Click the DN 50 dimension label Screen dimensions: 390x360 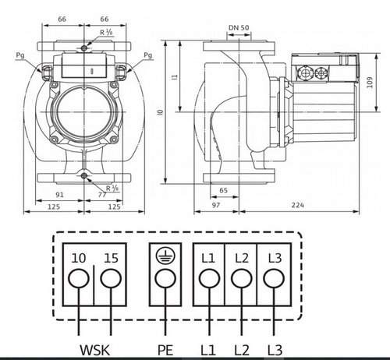coord(239,27)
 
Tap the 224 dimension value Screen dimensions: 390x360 coord(298,205)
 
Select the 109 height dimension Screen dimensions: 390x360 coord(370,83)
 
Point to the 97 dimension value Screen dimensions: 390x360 coord(216,205)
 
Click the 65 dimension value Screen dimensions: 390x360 coord(224,190)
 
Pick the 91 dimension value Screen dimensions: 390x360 coord(59,195)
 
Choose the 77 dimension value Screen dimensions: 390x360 coord(102,195)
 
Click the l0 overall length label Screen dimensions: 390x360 coord(161,112)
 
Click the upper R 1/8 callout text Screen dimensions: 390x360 coord(106,33)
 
